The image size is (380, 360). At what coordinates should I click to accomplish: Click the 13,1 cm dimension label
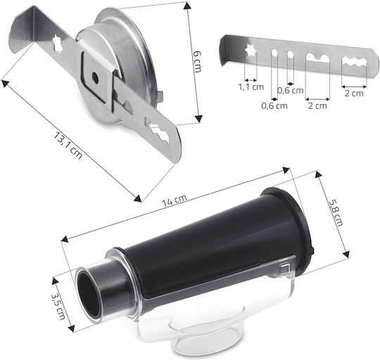pos(68,146)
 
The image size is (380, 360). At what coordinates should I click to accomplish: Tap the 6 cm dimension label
pos(198,62)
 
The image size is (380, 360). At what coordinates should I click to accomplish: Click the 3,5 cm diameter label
pos(58,307)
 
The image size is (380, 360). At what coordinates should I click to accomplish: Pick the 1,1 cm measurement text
pos(251,87)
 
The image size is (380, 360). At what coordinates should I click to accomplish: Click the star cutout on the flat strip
pos(251,50)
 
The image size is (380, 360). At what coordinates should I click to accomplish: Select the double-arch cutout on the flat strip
pos(317,58)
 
